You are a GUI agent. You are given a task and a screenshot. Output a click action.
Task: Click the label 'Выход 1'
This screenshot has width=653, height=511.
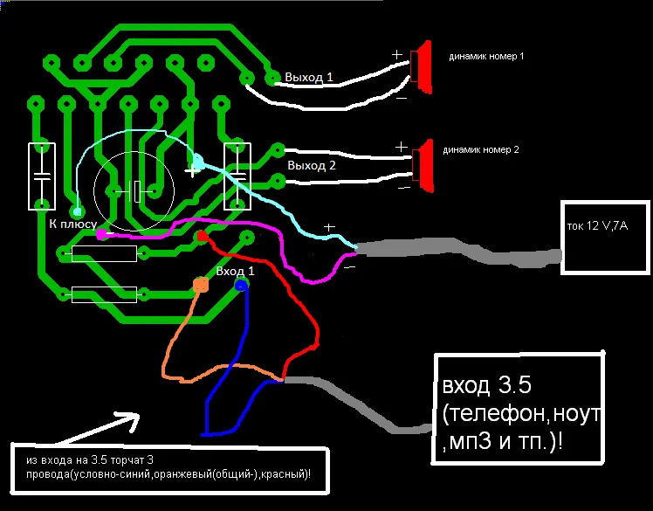(x=308, y=77)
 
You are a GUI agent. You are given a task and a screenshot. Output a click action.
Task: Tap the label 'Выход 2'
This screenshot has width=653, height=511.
(x=312, y=165)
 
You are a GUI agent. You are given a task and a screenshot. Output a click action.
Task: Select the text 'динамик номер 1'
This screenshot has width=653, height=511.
(x=486, y=56)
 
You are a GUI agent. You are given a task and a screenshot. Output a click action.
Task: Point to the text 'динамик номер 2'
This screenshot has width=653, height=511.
(x=481, y=149)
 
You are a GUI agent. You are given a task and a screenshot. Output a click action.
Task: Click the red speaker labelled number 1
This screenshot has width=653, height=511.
(x=423, y=67)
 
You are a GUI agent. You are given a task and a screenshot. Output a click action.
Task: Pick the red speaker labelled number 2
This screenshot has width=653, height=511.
(x=425, y=166)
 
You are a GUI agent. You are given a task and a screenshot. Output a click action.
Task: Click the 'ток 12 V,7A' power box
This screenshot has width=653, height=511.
(x=605, y=238)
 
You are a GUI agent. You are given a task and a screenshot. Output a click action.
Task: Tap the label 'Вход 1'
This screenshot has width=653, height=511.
(x=235, y=272)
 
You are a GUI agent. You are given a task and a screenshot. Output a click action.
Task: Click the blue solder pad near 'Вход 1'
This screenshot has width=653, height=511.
(x=241, y=285)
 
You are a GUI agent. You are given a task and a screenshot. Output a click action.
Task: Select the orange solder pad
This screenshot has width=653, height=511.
(x=201, y=285)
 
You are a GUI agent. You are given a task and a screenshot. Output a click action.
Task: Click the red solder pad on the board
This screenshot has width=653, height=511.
(x=203, y=237)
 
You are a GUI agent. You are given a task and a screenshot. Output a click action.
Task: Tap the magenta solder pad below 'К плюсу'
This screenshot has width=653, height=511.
(x=101, y=234)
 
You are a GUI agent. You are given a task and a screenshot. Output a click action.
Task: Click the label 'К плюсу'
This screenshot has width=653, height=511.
(x=72, y=224)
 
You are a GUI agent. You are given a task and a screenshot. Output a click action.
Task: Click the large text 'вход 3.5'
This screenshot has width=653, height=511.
(x=486, y=385)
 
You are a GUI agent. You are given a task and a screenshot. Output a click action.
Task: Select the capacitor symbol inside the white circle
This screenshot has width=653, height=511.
(x=134, y=191)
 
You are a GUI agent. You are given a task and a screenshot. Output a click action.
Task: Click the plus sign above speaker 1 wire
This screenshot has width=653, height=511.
(x=397, y=55)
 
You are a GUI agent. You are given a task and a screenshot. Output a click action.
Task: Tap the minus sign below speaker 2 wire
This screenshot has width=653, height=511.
(x=404, y=189)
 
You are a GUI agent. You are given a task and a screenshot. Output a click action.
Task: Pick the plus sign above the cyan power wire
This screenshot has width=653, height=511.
(x=329, y=227)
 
